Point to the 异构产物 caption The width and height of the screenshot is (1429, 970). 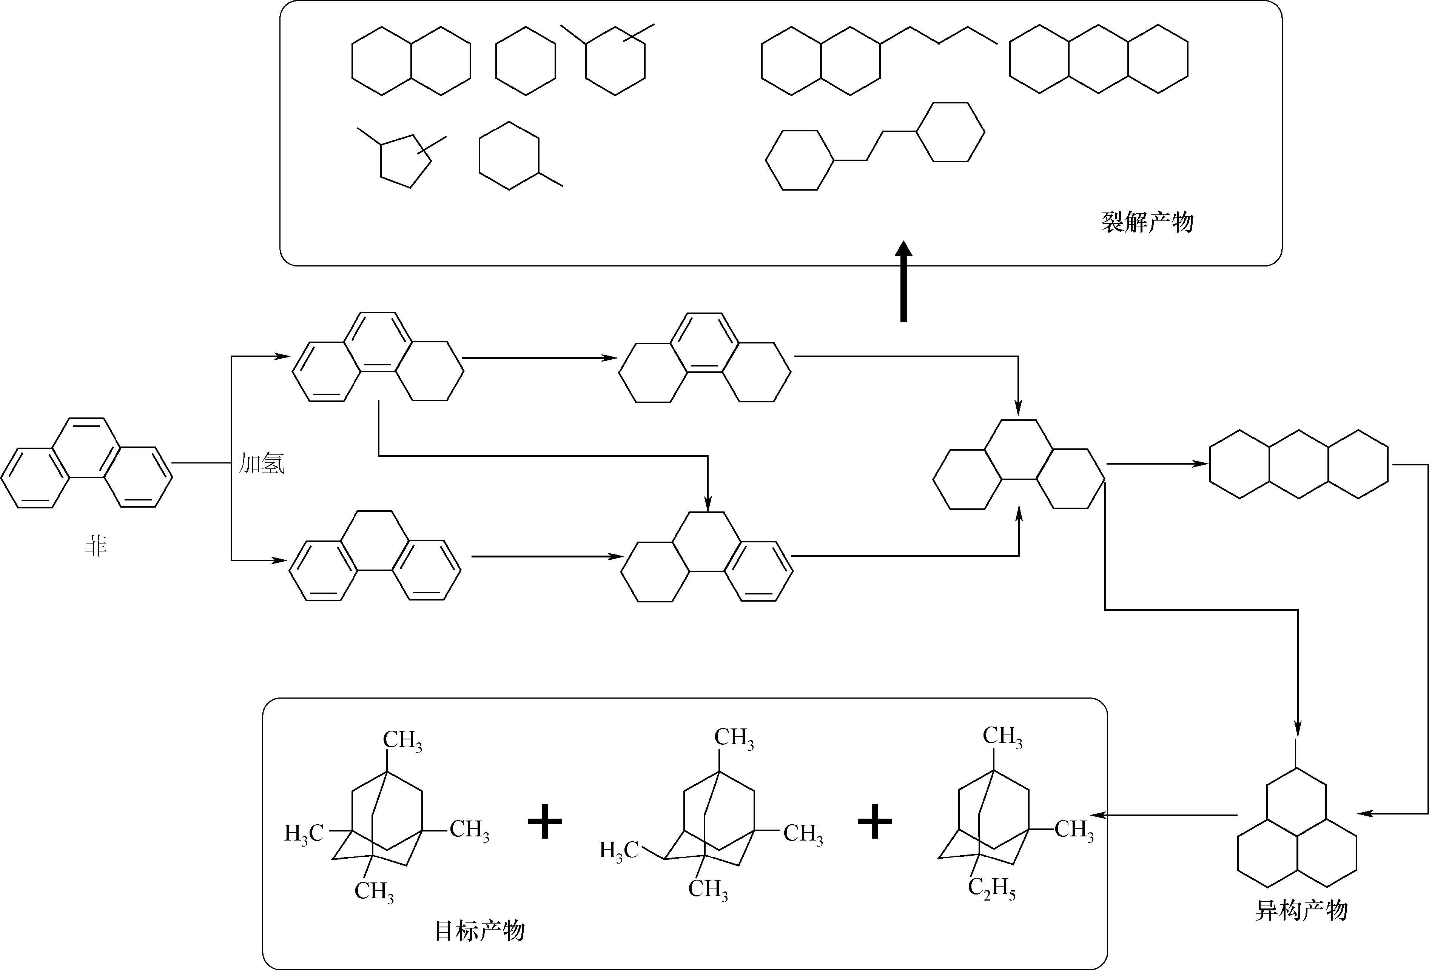coord(1301,910)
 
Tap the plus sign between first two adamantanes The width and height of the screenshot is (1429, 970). coord(545,822)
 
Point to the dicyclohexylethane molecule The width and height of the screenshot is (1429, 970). coord(874,146)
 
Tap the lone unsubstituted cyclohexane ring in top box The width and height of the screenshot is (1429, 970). coord(526,60)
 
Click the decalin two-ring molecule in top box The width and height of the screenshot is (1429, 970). coord(412,60)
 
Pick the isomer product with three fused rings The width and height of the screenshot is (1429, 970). coord(1297,836)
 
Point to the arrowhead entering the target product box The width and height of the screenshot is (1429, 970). coord(1101,815)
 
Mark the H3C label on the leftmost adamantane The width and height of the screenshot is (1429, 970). coord(304,833)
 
